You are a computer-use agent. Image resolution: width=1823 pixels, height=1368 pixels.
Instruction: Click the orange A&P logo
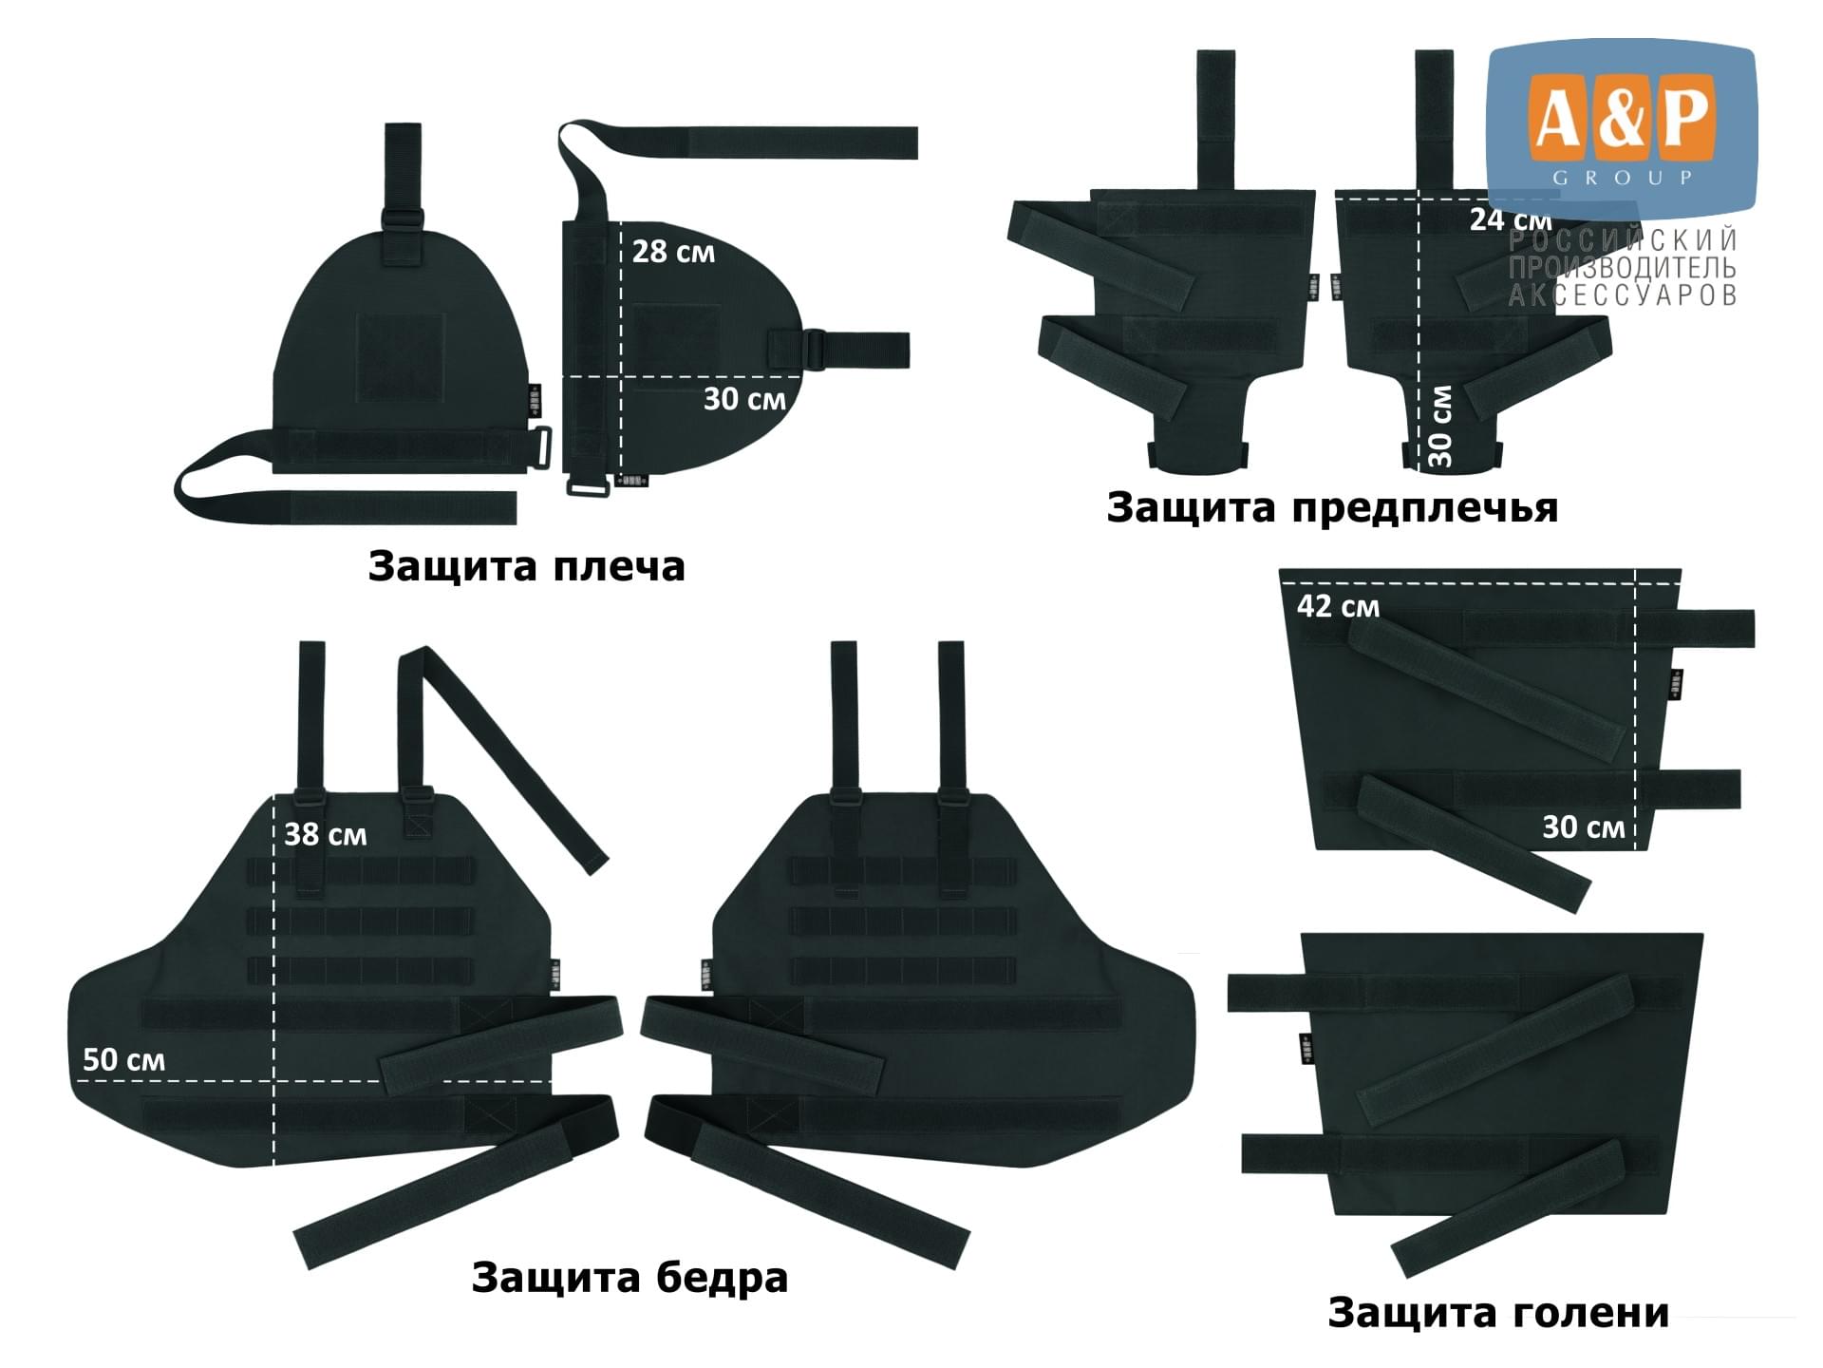coord(1622,118)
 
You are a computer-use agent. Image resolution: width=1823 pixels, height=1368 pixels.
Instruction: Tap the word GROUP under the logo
coord(1622,178)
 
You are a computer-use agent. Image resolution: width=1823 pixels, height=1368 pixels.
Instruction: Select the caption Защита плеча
coord(526,566)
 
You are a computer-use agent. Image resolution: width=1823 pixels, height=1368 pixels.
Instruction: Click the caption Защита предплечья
coord(1332,508)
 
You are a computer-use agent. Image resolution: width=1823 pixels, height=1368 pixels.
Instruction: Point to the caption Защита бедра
coord(630,1278)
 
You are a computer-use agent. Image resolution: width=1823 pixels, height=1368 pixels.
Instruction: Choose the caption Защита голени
coord(1497,1313)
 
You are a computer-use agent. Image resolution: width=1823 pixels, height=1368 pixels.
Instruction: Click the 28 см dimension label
coord(673,252)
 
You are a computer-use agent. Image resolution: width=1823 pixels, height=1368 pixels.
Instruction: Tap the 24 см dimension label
coord(1511,219)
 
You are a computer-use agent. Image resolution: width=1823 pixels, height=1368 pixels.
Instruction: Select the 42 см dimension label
coord(1338,606)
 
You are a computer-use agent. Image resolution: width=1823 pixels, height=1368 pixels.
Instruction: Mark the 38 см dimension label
coord(325,834)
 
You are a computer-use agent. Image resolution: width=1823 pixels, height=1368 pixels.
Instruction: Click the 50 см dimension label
coord(123,1059)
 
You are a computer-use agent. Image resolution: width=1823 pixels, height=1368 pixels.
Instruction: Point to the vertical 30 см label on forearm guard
coord(1439,426)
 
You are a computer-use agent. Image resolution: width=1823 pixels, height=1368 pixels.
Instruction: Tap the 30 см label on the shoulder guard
coord(744,399)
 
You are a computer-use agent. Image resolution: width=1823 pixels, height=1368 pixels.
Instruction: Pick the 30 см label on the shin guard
coord(1583,827)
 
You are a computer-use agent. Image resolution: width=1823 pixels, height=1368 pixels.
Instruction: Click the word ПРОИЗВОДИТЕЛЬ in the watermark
coord(1623,267)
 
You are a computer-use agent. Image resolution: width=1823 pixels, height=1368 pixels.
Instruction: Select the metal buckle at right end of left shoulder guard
coord(542,448)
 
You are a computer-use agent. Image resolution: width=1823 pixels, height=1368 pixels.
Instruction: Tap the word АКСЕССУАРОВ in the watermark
coord(1623,294)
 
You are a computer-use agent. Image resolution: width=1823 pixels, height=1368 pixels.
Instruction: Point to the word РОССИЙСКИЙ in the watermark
coord(1623,239)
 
